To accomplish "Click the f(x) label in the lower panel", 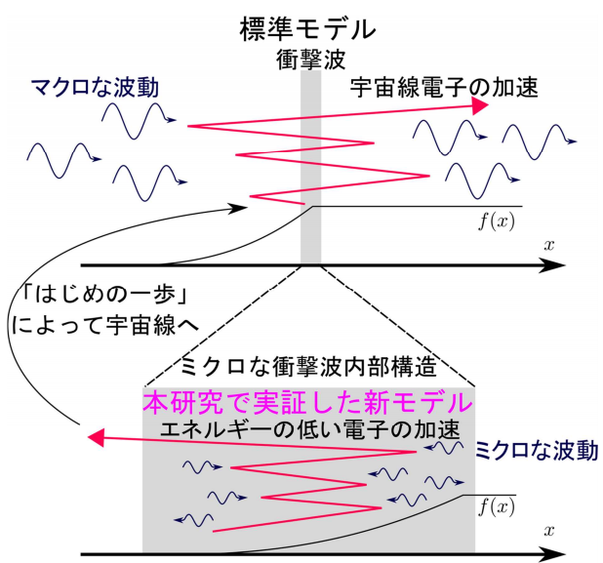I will [497, 506].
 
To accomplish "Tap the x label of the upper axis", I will [549, 245].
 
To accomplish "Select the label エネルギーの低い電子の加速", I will [308, 427].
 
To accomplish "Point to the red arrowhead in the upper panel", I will [478, 106].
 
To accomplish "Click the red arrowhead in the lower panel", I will [92, 437].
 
